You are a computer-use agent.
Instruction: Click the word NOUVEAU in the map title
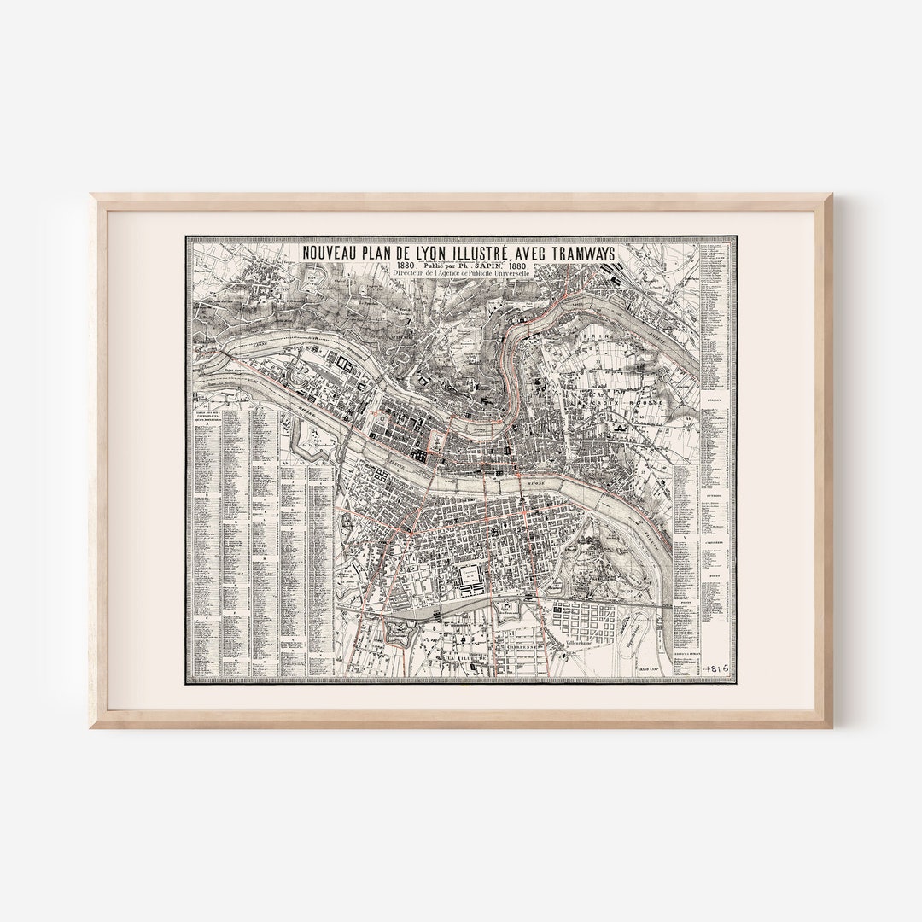pyautogui.click(x=333, y=254)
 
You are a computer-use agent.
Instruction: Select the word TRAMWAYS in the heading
pyautogui.click(x=581, y=254)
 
